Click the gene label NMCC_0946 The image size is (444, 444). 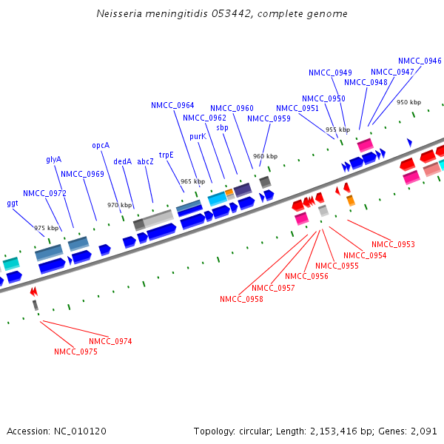click(x=420, y=61)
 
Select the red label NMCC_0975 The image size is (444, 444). click(x=75, y=352)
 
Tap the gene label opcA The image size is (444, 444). click(x=101, y=146)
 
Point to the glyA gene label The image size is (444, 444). click(x=54, y=159)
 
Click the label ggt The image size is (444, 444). click(x=13, y=203)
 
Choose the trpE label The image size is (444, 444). click(x=166, y=155)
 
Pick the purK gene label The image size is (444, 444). click(x=198, y=137)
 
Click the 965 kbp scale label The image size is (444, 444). click(x=192, y=181)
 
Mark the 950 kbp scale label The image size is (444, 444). click(x=408, y=102)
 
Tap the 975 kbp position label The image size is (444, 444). click(x=46, y=229)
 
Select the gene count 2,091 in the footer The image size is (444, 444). click(x=423, y=431)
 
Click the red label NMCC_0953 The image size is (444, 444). click(x=393, y=244)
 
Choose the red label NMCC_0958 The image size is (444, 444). click(x=241, y=299)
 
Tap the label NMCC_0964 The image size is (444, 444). click(x=172, y=105)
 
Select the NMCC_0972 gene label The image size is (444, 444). click(x=44, y=193)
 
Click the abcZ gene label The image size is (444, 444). click(x=145, y=161)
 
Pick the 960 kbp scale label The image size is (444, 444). click(x=265, y=157)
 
